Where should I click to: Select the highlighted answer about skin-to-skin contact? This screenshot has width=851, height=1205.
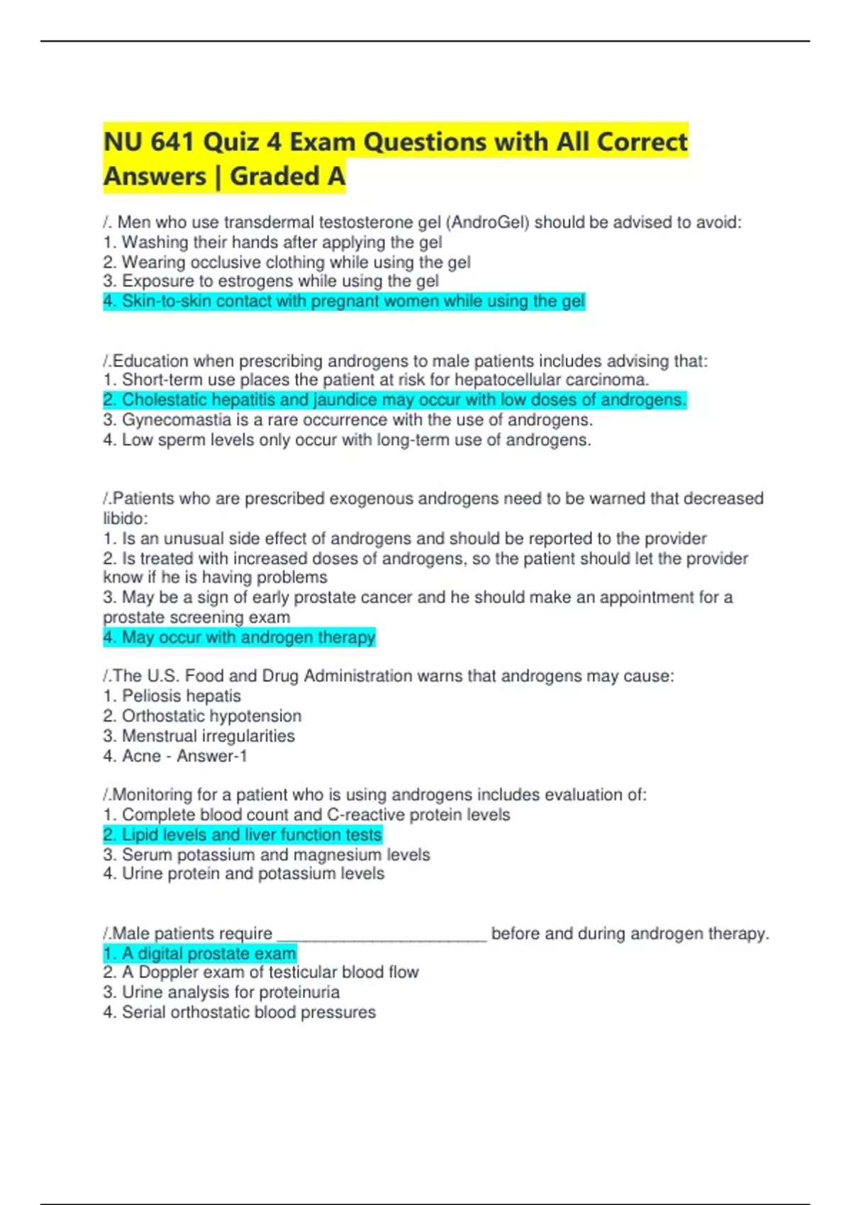pyautogui.click(x=344, y=301)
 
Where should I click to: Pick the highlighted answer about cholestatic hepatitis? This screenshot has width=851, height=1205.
pyautogui.click(x=394, y=400)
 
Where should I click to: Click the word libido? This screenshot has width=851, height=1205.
pyautogui.click(x=123, y=518)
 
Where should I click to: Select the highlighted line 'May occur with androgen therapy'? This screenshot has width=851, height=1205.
pyautogui.click(x=239, y=637)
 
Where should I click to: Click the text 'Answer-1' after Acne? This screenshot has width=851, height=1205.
pyautogui.click(x=212, y=756)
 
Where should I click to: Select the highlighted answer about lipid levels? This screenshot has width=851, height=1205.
pyautogui.click(x=243, y=835)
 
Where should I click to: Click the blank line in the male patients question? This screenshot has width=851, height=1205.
pyautogui.click(x=382, y=934)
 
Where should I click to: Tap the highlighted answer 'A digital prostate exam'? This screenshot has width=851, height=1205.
pyautogui.click(x=199, y=953)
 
